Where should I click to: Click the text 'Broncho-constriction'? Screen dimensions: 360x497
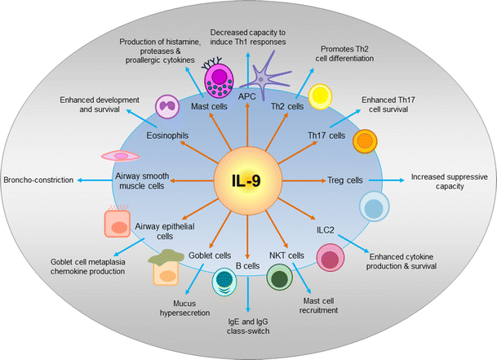(x=38, y=180)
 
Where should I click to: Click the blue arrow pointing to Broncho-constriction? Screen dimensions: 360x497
(x=92, y=180)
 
